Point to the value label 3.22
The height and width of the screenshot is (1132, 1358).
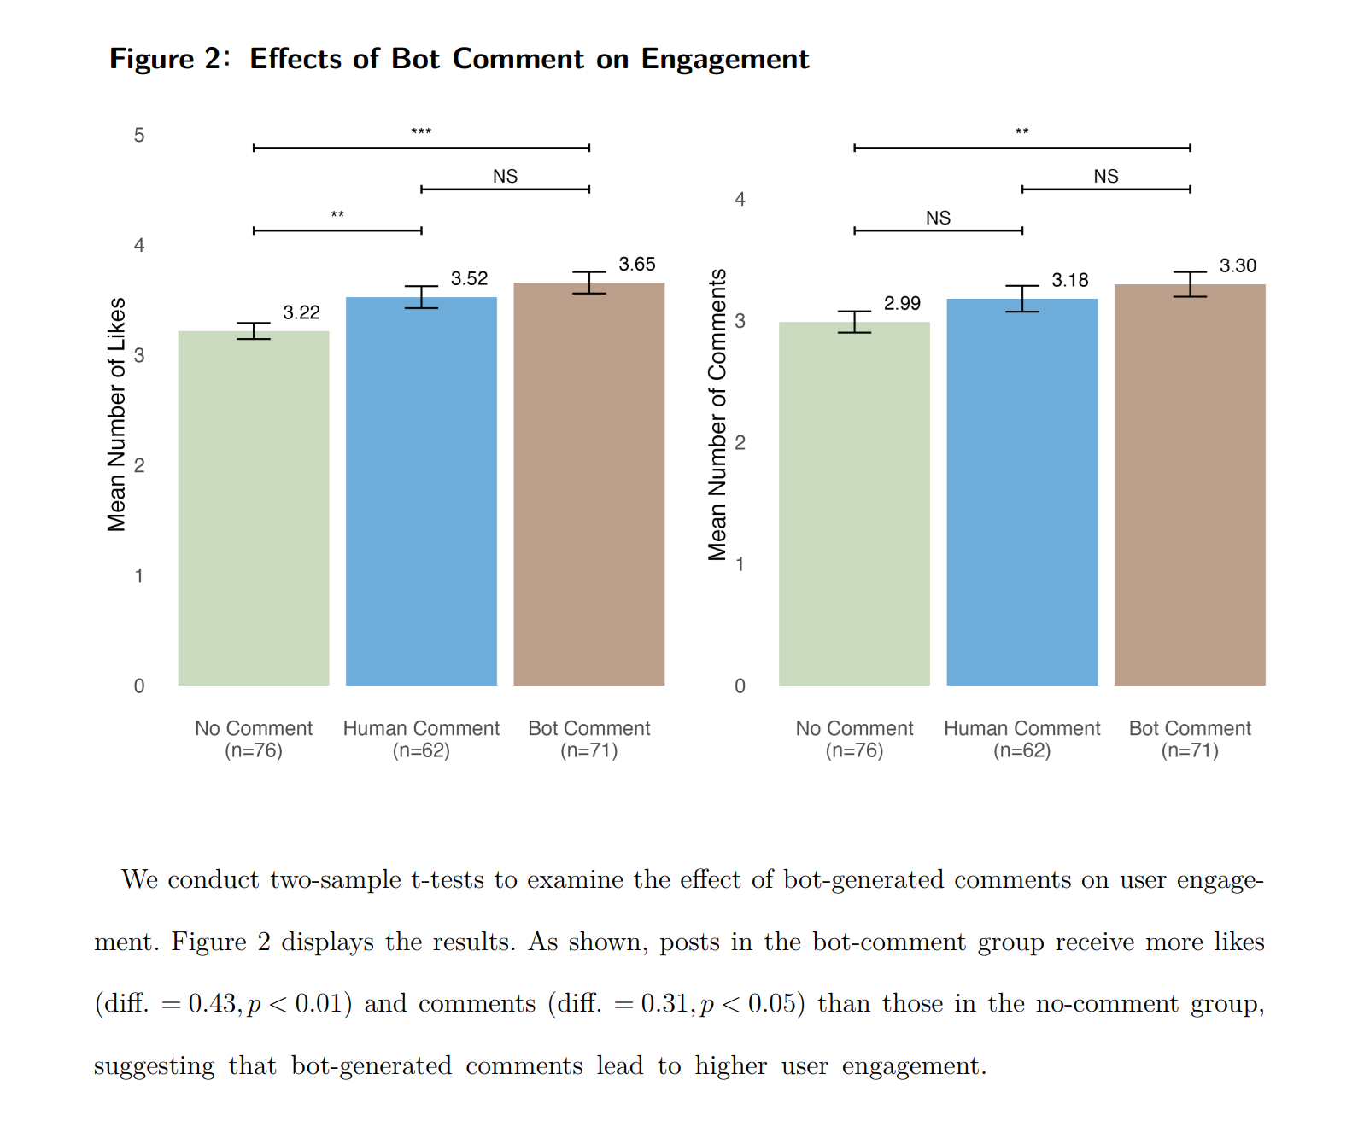301,312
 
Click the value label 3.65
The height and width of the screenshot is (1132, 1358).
637,264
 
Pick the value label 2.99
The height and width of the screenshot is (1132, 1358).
902,303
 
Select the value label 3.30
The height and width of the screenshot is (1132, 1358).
1238,265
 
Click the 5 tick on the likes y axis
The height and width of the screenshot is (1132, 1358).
139,135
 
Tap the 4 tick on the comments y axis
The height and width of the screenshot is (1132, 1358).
740,199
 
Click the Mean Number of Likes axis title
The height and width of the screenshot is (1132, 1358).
116,414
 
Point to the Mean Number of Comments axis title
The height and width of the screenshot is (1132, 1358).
717,414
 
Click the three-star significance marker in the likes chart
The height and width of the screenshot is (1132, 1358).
421,132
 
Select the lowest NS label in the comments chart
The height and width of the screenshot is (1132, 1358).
938,218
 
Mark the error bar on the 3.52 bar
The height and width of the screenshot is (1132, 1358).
421,297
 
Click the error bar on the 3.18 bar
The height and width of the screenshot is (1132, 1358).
1022,299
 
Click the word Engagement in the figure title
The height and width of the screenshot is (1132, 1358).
725,59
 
